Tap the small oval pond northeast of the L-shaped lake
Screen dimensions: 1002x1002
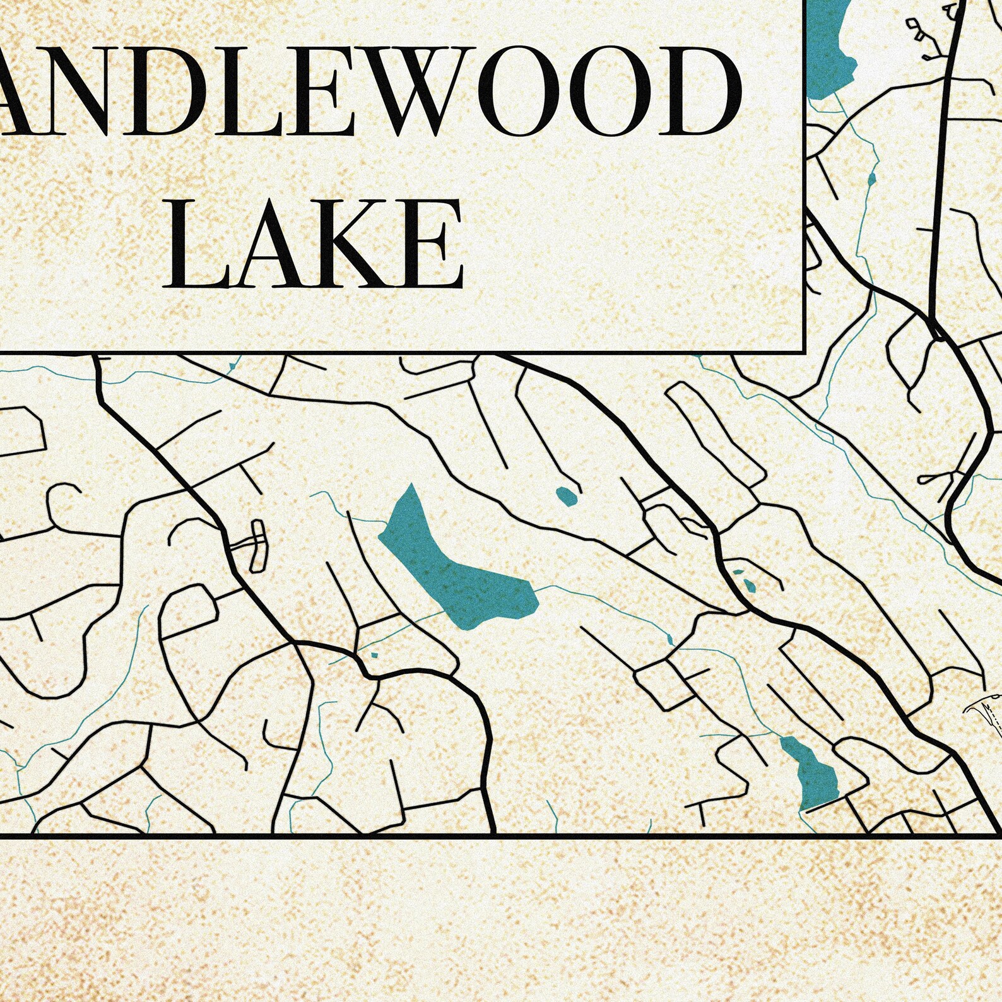(x=567, y=496)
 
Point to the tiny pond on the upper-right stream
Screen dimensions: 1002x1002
(x=871, y=180)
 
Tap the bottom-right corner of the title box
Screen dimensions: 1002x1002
(x=804, y=349)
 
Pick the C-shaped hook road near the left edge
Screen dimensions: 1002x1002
(x=63, y=505)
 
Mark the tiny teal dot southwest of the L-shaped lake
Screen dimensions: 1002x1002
(x=374, y=655)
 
